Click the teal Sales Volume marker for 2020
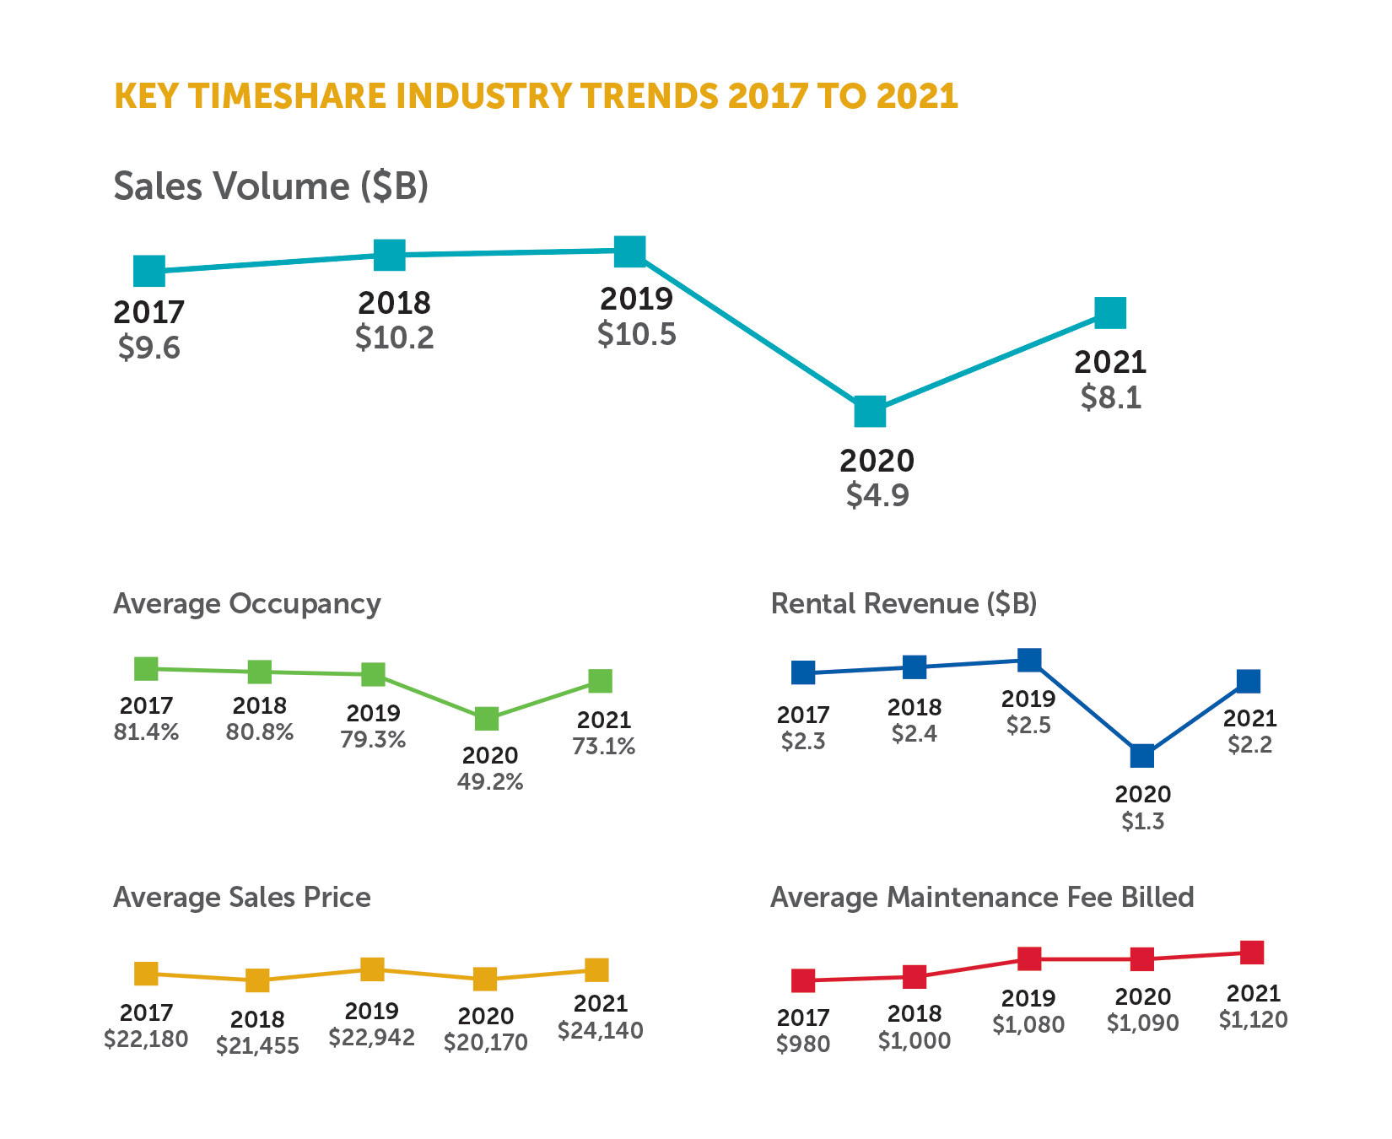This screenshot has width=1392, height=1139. click(870, 412)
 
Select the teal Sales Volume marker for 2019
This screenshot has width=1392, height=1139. click(630, 251)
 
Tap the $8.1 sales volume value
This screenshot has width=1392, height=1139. click(1111, 397)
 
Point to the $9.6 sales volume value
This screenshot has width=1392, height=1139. click(149, 348)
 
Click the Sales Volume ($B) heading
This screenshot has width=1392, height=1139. click(271, 186)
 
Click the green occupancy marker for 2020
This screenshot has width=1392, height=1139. click(487, 719)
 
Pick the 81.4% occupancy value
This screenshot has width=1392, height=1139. click(146, 732)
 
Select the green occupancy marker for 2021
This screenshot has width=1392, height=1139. click(600, 681)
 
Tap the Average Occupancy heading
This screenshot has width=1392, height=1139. click(246, 604)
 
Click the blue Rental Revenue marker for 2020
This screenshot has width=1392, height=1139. click(1141, 755)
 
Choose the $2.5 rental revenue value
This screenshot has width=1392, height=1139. click(1028, 726)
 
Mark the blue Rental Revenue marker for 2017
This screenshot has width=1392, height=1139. click(803, 672)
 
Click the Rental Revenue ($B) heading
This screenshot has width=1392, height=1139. click(904, 604)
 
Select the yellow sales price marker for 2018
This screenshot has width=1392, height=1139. click(257, 980)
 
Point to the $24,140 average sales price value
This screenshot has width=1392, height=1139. click(600, 1031)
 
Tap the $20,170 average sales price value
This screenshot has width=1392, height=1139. click(486, 1043)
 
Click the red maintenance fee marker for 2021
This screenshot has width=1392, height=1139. click(1252, 953)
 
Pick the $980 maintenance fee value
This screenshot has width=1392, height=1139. click(803, 1045)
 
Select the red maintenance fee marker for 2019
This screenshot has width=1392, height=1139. click(1028, 958)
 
